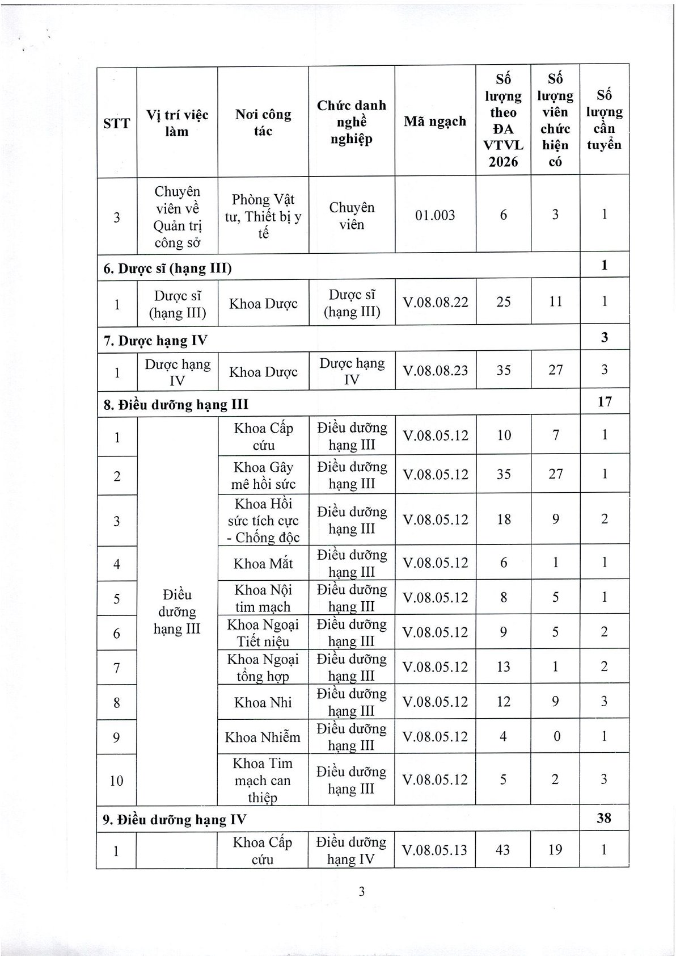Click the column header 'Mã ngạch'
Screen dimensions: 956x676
point(435,121)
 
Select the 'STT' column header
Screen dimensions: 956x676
point(117,123)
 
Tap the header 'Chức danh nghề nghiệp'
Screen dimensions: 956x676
point(351,121)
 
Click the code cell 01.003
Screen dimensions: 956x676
point(435,215)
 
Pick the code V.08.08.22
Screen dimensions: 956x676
point(436,302)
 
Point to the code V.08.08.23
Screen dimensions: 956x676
point(436,371)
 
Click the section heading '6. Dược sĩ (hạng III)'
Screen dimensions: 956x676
point(167,268)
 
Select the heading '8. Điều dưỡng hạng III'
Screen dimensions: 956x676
point(176,405)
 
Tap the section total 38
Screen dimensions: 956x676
point(604,818)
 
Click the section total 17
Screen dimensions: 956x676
point(605,401)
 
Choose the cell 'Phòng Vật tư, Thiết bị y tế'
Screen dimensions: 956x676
point(263,216)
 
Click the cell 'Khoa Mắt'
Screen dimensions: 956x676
point(263,564)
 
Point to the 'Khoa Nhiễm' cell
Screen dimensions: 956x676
point(263,737)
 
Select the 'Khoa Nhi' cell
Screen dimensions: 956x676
point(263,702)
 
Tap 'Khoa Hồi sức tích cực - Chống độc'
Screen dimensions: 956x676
point(263,521)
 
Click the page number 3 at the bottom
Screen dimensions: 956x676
point(361,891)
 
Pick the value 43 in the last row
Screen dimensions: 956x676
point(502,850)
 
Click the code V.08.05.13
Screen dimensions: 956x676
point(435,850)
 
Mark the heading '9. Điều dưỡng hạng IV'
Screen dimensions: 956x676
point(175,819)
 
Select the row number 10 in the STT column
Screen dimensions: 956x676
point(116,781)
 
